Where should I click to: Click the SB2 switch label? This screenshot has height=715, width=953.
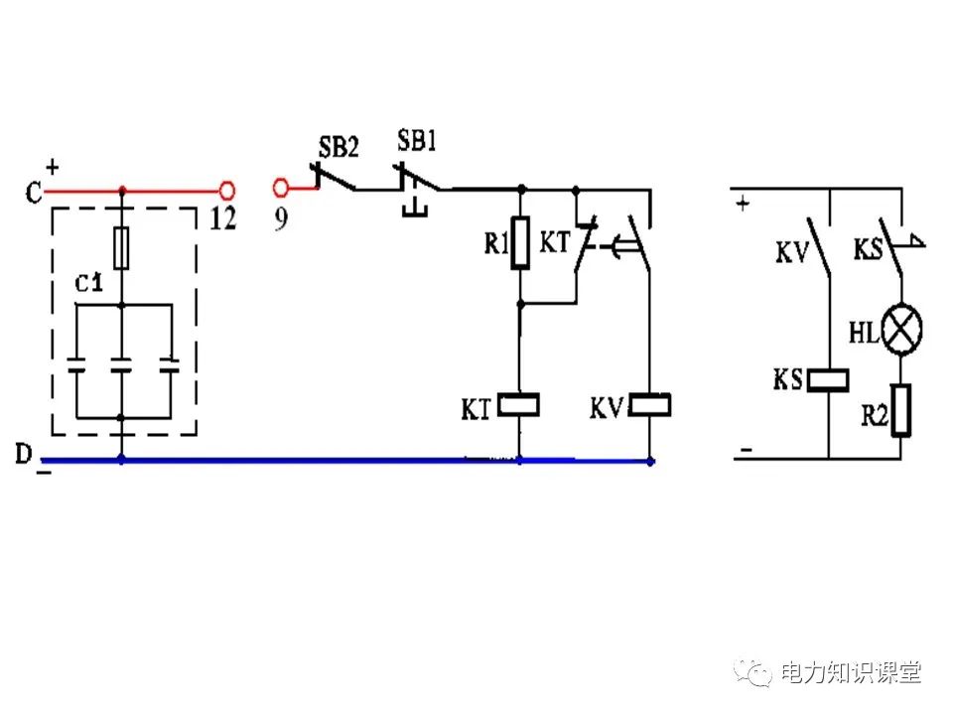tap(338, 147)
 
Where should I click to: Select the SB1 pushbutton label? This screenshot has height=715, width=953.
tap(417, 140)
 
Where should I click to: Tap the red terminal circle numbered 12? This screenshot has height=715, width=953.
tap(227, 188)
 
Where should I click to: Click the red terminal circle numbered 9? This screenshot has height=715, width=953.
tap(281, 188)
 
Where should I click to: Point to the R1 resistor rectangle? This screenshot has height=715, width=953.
tap(519, 243)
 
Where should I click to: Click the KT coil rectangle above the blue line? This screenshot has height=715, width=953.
tap(519, 405)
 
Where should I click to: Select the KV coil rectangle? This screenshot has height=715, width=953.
tap(650, 405)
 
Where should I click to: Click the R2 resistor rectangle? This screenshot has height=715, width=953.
tap(901, 411)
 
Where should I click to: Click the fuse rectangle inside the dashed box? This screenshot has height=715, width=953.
tap(121, 248)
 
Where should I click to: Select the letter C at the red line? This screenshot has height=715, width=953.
tap(34, 193)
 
